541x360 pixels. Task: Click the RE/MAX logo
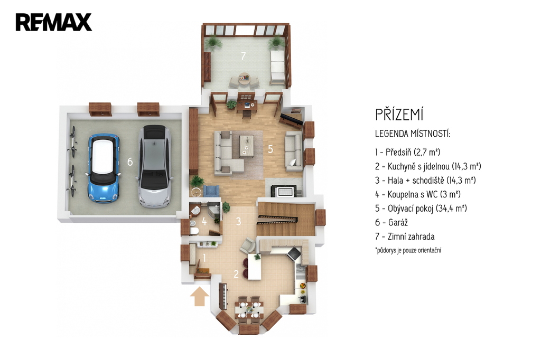(53, 22)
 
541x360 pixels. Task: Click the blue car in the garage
(104, 168)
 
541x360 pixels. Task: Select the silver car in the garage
(155, 166)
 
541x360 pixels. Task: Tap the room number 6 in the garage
(130, 162)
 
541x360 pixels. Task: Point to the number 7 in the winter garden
(243, 56)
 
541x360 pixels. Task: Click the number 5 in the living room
(270, 149)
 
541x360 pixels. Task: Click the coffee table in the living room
(247, 146)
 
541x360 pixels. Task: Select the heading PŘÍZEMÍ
(399, 115)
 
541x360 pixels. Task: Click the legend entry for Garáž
(391, 222)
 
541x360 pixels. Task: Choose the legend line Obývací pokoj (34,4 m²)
(421, 209)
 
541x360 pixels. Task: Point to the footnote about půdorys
(408, 250)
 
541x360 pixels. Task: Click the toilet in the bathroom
(193, 230)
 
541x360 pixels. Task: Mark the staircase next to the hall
(286, 219)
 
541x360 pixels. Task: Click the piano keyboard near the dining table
(223, 296)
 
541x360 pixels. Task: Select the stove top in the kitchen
(294, 253)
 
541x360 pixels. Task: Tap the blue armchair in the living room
(211, 191)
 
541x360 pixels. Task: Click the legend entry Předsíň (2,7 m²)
(408, 152)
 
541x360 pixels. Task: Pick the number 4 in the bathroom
(204, 222)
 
